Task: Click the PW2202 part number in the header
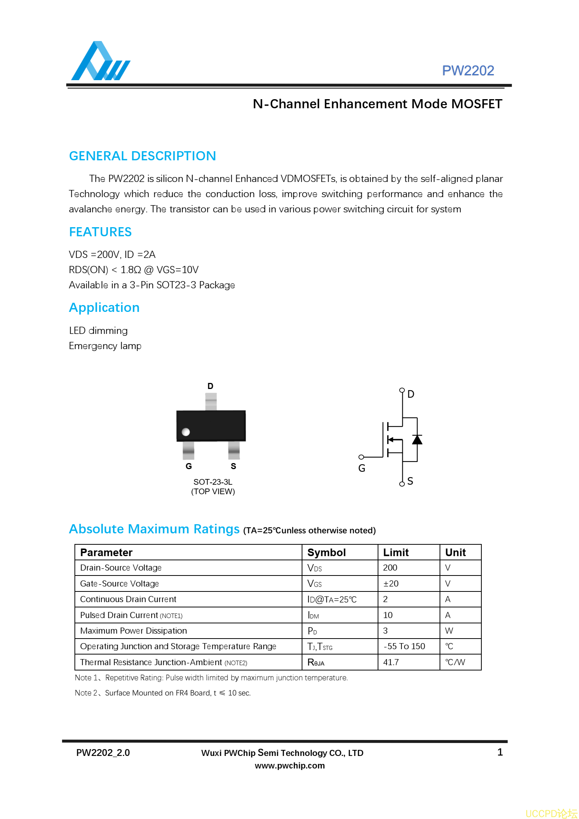[x=468, y=71]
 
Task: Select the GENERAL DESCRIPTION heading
[x=142, y=156]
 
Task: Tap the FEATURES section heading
[x=100, y=232]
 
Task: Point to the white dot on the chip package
[x=186, y=432]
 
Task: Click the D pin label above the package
[x=210, y=386]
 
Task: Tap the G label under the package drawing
[x=189, y=466]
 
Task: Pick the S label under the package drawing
[x=233, y=466]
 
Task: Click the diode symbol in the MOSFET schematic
[x=417, y=440]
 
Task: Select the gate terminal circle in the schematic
[x=361, y=457]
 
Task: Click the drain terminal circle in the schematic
[x=402, y=390]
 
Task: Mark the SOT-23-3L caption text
[x=213, y=482]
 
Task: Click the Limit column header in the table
[x=396, y=553]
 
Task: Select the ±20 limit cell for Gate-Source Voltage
[x=391, y=584]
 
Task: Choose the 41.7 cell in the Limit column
[x=391, y=662]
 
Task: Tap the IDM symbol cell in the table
[x=313, y=615]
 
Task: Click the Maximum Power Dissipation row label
[x=134, y=631]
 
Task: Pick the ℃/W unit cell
[x=455, y=662]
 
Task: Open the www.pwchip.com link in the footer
[x=289, y=766]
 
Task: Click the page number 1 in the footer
[x=500, y=753]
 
